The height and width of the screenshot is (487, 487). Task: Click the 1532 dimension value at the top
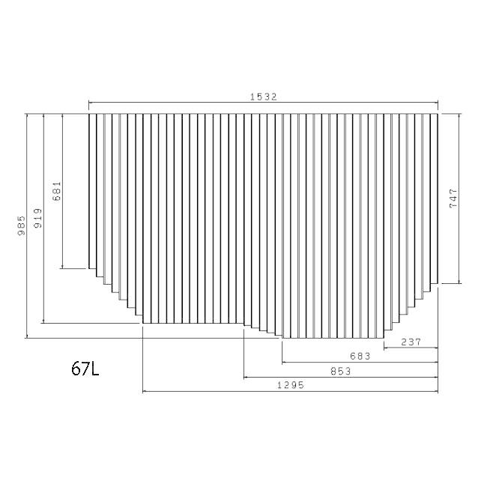click(264, 97)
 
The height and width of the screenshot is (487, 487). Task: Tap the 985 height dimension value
click(22, 226)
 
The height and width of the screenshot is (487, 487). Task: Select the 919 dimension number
click(37, 218)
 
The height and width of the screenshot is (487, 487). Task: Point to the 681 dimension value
click(57, 191)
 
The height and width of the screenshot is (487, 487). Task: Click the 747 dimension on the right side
click(453, 198)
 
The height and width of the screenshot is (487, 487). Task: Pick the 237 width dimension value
click(411, 342)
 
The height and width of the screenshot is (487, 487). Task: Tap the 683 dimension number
click(360, 356)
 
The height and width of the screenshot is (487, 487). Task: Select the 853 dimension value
click(341, 371)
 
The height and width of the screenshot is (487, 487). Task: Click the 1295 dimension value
click(291, 385)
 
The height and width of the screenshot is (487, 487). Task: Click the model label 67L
click(85, 369)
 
